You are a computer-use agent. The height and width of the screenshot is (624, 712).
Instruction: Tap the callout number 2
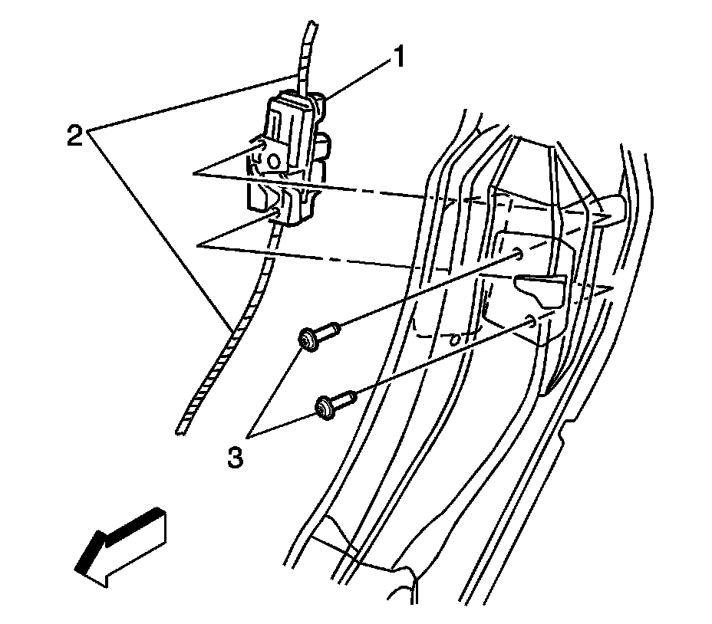click(74, 136)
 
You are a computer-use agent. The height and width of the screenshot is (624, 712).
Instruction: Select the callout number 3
click(235, 458)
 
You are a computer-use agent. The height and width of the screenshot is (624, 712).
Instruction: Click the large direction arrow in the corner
click(121, 548)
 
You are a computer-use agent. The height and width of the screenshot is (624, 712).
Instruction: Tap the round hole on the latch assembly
click(272, 160)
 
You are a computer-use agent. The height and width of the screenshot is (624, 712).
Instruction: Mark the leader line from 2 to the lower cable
click(161, 230)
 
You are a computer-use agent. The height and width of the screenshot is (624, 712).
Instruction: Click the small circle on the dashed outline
click(454, 337)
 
